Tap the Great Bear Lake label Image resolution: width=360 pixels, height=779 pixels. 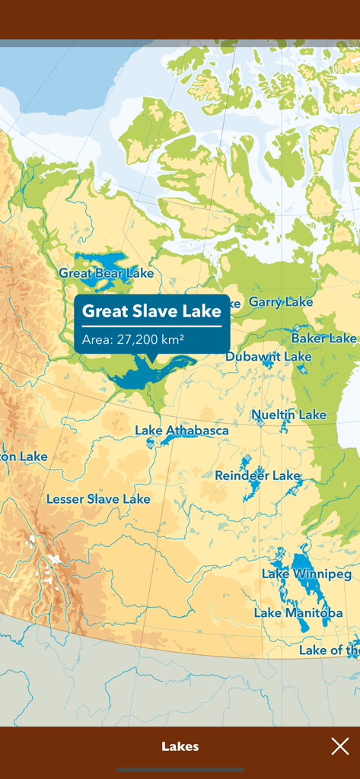tap(106, 273)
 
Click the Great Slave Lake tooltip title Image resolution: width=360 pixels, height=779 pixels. tap(151, 311)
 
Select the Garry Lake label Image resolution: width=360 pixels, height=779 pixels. tap(280, 302)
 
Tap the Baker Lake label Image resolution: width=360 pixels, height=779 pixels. tap(323, 338)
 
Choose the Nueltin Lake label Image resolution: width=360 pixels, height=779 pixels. tap(289, 415)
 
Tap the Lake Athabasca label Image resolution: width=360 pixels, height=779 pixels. tap(181, 431)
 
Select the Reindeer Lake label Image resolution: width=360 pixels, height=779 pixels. tap(257, 475)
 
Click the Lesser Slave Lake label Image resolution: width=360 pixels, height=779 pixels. tap(98, 499)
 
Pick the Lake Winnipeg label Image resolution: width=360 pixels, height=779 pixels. tap(307, 574)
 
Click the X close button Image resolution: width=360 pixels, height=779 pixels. tap(339, 746)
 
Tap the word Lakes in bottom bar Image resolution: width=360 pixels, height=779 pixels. tap(180, 746)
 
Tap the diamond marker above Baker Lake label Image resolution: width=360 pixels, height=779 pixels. tap(297, 327)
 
